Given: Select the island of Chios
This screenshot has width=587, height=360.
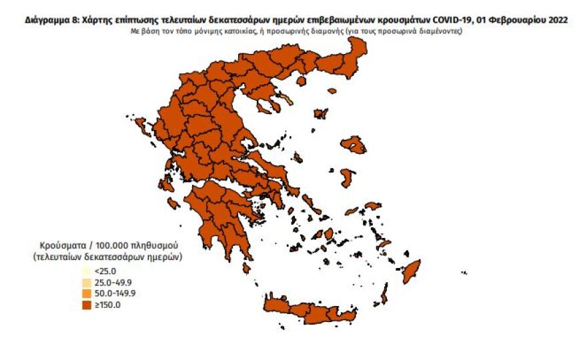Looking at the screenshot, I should click(347, 177).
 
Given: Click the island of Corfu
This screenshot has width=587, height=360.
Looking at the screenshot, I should click(158, 125).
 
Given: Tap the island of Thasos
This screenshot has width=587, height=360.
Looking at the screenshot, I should click(300, 81).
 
